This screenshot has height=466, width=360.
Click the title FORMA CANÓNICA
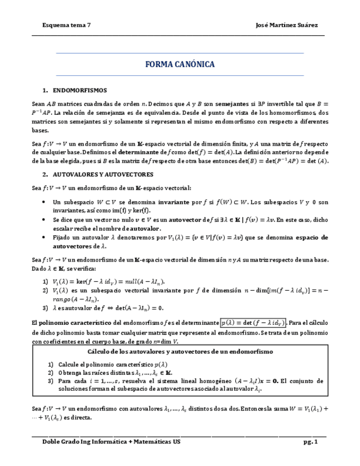[x=180, y=65]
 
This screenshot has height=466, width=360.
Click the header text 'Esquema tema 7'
[x=67, y=25]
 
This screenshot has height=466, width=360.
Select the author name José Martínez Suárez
[x=287, y=25]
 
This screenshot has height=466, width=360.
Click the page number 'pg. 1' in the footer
[x=311, y=442]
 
